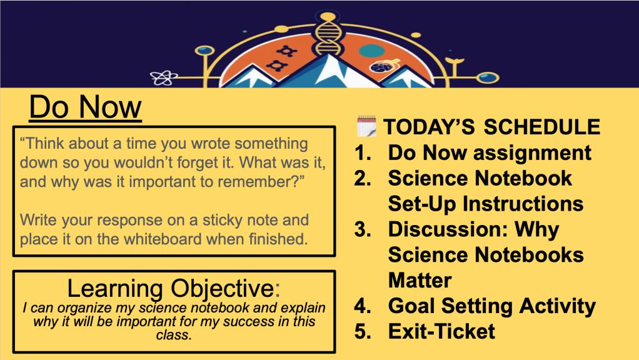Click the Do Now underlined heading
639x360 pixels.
pos(85,107)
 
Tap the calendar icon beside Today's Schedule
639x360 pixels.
pos(366,126)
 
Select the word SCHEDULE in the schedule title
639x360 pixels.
pos(541,127)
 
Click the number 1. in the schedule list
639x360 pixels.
pos(363,153)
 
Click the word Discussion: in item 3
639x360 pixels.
pos(448,229)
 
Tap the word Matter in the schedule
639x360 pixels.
pos(420,280)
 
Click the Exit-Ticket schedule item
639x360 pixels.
pos(441,331)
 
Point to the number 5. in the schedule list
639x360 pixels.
pos(363,331)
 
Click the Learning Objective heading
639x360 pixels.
pos(174,288)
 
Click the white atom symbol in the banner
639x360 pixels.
pos(164,77)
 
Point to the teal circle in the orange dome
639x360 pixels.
pos(372,51)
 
